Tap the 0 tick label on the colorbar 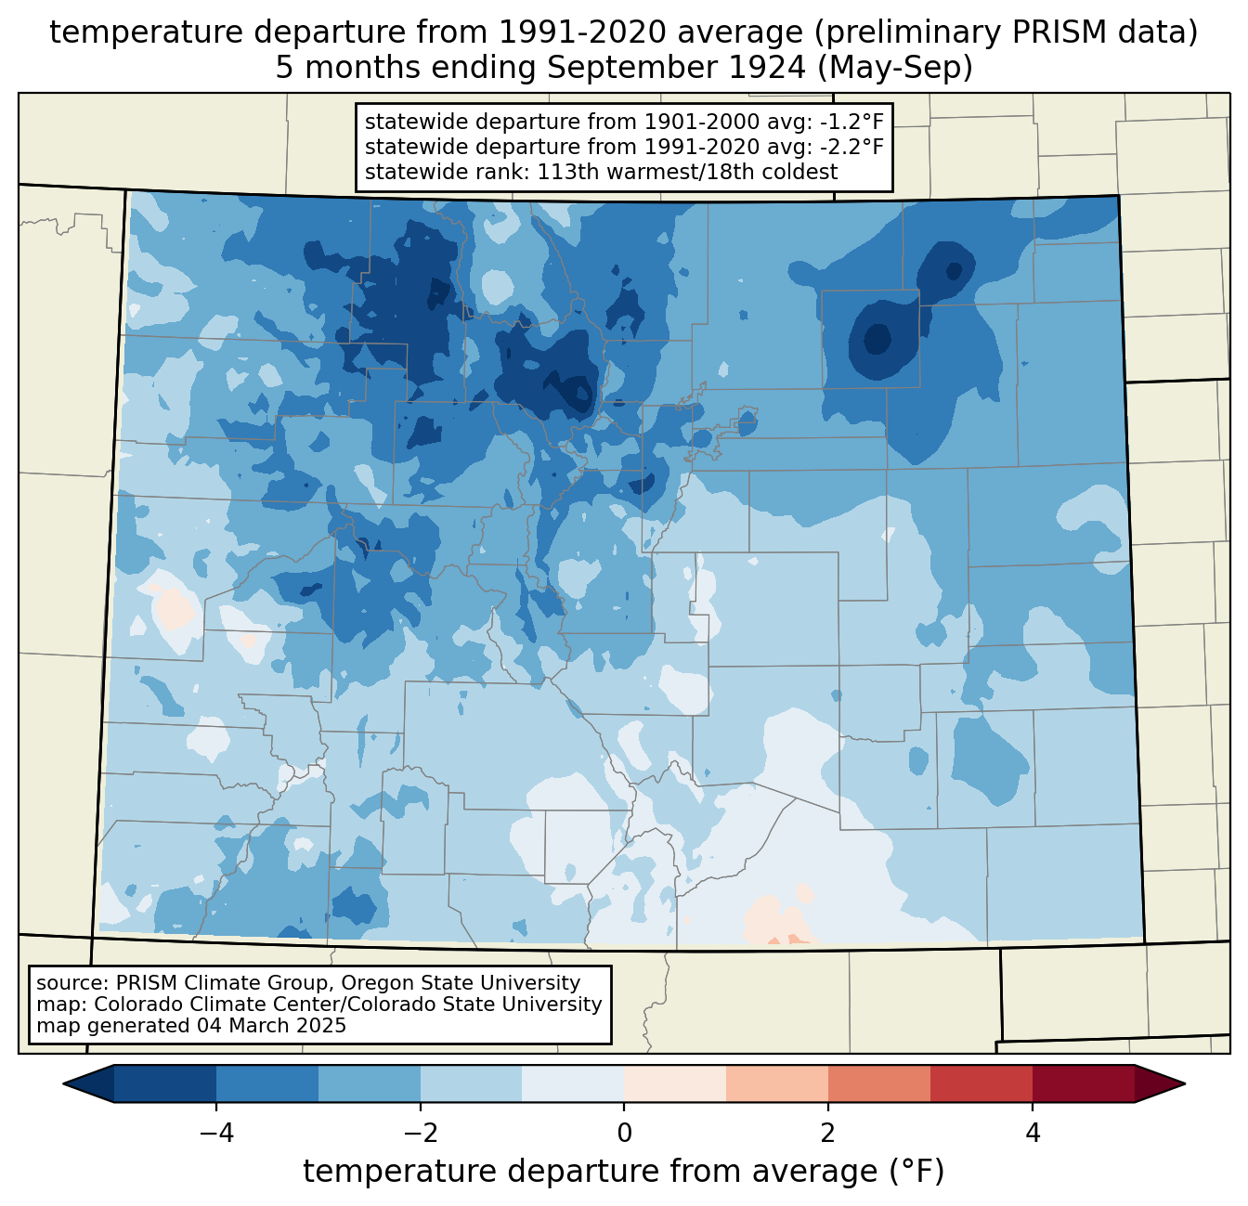click(x=624, y=1133)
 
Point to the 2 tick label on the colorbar click(x=828, y=1133)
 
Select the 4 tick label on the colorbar click(x=1033, y=1133)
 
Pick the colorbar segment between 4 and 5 click(x=1083, y=1083)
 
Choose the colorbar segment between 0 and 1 click(x=675, y=1083)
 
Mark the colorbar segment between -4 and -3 click(x=267, y=1083)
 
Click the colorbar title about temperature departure click(x=623, y=1172)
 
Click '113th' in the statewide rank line click(x=566, y=172)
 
